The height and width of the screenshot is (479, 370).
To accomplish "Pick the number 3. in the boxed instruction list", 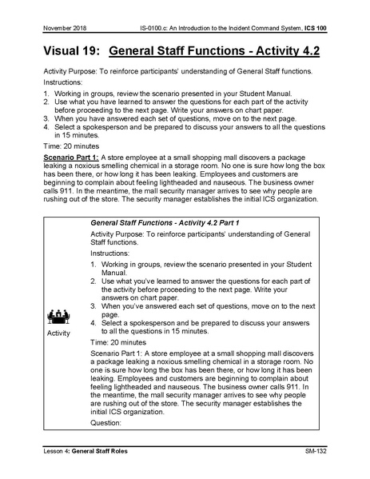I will pos(94,305).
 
